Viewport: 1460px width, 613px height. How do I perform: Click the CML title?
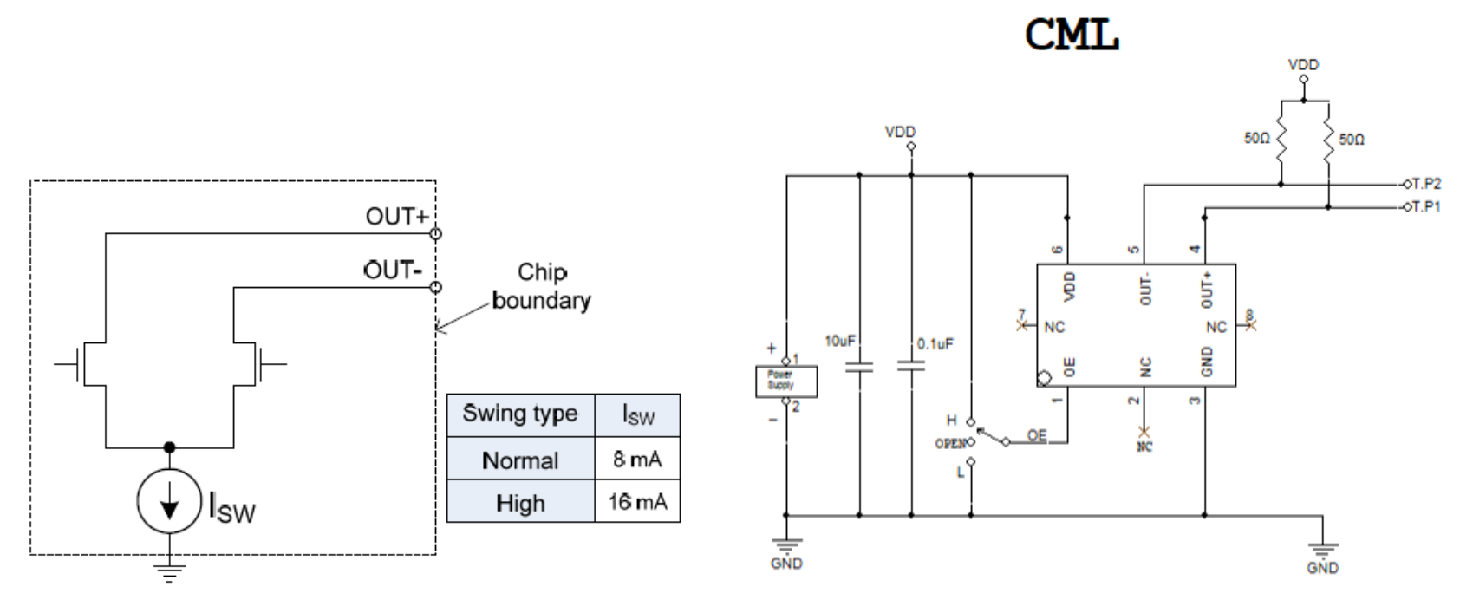tap(1072, 36)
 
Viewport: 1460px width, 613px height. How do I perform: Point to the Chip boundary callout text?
tap(542, 286)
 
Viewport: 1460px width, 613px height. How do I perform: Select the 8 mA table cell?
tap(637, 460)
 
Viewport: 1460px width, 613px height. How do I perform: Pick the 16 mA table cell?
tap(637, 501)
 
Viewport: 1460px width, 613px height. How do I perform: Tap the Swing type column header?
tap(519, 414)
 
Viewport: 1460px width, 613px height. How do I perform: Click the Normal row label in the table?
tap(519, 460)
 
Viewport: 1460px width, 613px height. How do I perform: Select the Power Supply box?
tap(786, 381)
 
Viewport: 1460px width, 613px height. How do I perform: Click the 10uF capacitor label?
tap(840, 342)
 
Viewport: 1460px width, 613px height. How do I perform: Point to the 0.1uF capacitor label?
tap(935, 344)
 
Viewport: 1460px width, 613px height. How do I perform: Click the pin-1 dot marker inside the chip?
tap(1046, 378)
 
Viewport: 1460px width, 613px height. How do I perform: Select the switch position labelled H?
tap(951, 421)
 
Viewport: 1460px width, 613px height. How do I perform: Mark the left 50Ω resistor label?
tap(1256, 139)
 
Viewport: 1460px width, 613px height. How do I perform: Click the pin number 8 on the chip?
tap(1249, 314)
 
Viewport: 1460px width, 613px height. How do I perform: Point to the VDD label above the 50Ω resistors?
tap(1303, 65)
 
